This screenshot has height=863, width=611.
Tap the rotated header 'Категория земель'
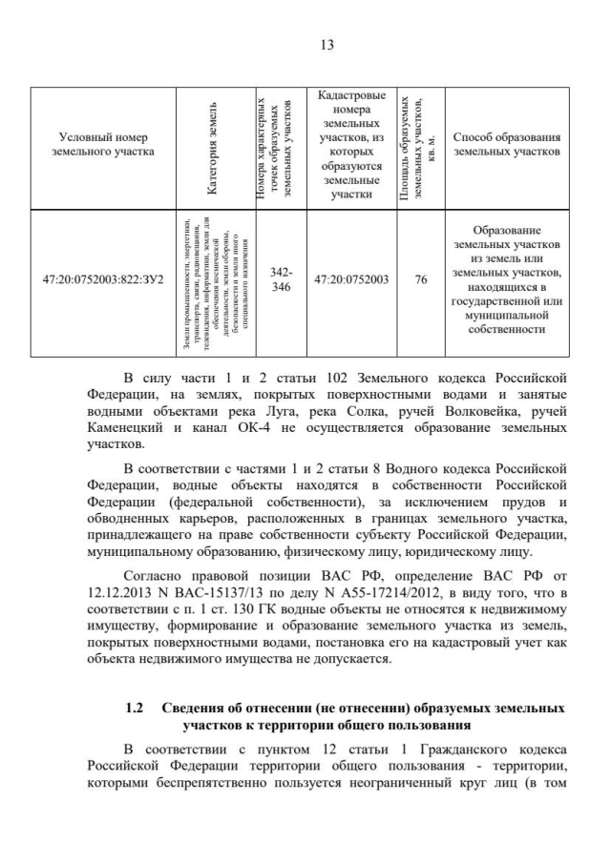213,146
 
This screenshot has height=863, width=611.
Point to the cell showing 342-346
282,279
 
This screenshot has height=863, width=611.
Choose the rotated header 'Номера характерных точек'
281,146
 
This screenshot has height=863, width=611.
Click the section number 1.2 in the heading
134,709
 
